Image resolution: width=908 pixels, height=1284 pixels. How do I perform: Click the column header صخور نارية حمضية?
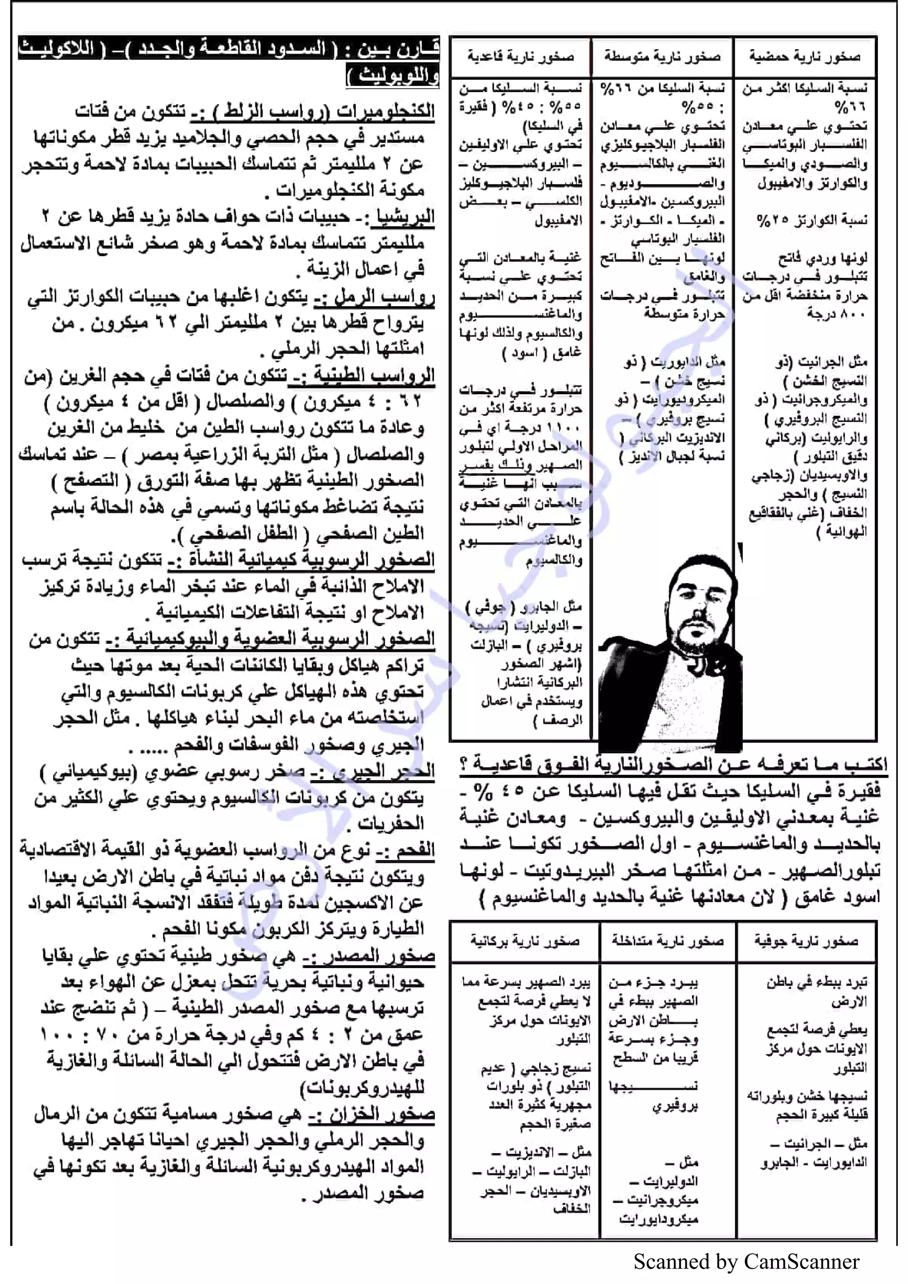(x=805, y=57)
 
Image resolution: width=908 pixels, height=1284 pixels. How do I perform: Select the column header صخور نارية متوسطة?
(x=662, y=57)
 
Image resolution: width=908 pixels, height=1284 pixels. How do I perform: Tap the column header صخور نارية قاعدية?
(x=521, y=57)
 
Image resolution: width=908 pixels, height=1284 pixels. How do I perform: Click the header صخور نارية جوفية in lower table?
(x=806, y=941)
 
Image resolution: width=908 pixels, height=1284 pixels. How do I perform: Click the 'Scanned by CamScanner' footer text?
(x=746, y=1261)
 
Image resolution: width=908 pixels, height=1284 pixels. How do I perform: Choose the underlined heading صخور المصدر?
(x=380, y=956)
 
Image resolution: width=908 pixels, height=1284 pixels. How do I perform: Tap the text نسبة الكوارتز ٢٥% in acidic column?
(x=811, y=220)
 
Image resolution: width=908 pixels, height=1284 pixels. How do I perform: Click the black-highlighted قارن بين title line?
(x=229, y=51)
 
